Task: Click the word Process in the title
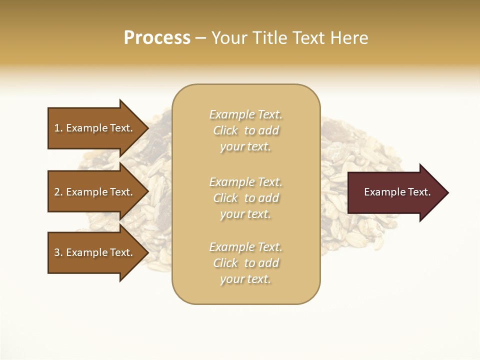pos(157,38)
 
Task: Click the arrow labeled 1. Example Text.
pos(93,128)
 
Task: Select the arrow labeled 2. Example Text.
pos(93,192)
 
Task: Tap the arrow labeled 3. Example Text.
pos(93,253)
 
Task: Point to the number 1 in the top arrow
pos(57,128)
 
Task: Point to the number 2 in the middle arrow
pos(57,192)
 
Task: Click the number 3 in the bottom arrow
pos(57,253)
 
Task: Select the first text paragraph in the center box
pos(245,130)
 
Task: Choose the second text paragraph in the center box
pos(245,198)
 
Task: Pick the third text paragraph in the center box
pos(245,263)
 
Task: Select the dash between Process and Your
pos(200,38)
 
